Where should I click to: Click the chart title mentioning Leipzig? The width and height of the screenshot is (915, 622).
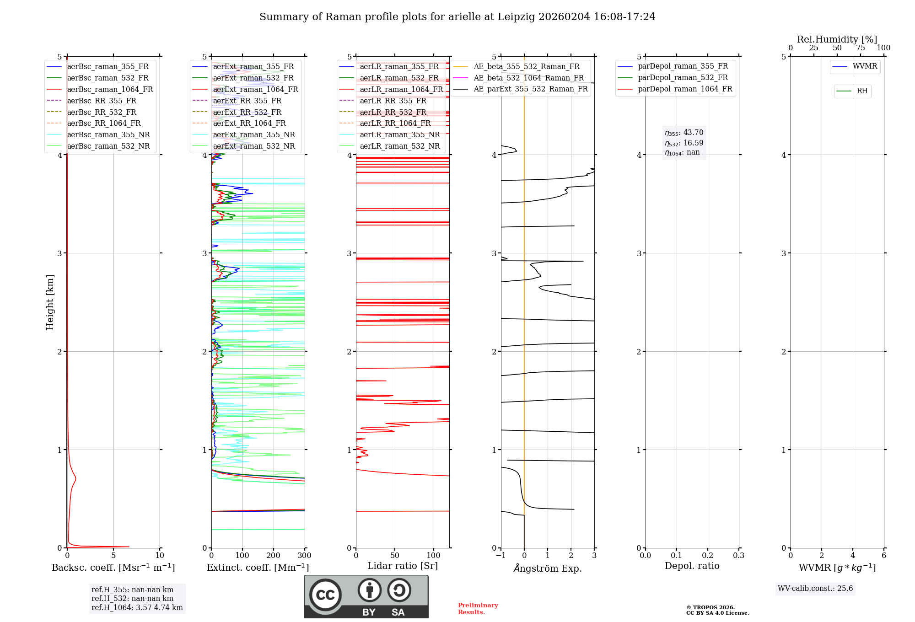457,17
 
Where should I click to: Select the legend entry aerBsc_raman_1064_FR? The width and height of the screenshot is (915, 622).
110,89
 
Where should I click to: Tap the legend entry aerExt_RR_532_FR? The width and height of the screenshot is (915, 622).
247,112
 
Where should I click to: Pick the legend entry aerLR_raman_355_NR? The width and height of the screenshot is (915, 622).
399,134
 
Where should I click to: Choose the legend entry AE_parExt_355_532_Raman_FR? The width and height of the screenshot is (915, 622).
530,89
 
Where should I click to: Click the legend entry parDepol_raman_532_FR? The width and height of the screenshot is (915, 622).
683,78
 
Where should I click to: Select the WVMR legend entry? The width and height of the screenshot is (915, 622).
865,66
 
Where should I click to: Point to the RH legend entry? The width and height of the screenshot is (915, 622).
862,91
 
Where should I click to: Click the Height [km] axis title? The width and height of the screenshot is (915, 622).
50,302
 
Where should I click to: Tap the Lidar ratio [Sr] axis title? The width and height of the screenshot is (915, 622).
402,566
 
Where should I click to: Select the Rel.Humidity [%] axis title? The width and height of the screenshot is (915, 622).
837,39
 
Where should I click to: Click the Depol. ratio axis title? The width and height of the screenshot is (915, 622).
692,566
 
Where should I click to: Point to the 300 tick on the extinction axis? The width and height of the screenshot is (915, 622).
304,556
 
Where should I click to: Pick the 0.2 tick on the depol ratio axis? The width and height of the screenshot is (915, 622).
708,556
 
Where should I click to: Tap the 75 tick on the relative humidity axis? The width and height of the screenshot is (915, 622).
861,48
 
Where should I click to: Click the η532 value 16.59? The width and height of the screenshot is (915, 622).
693,143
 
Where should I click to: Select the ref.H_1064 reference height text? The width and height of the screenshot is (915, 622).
137,607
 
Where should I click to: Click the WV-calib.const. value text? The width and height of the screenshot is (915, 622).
815,589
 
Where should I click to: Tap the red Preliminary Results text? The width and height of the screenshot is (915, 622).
478,609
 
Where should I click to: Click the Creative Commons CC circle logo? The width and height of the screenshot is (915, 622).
325,595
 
